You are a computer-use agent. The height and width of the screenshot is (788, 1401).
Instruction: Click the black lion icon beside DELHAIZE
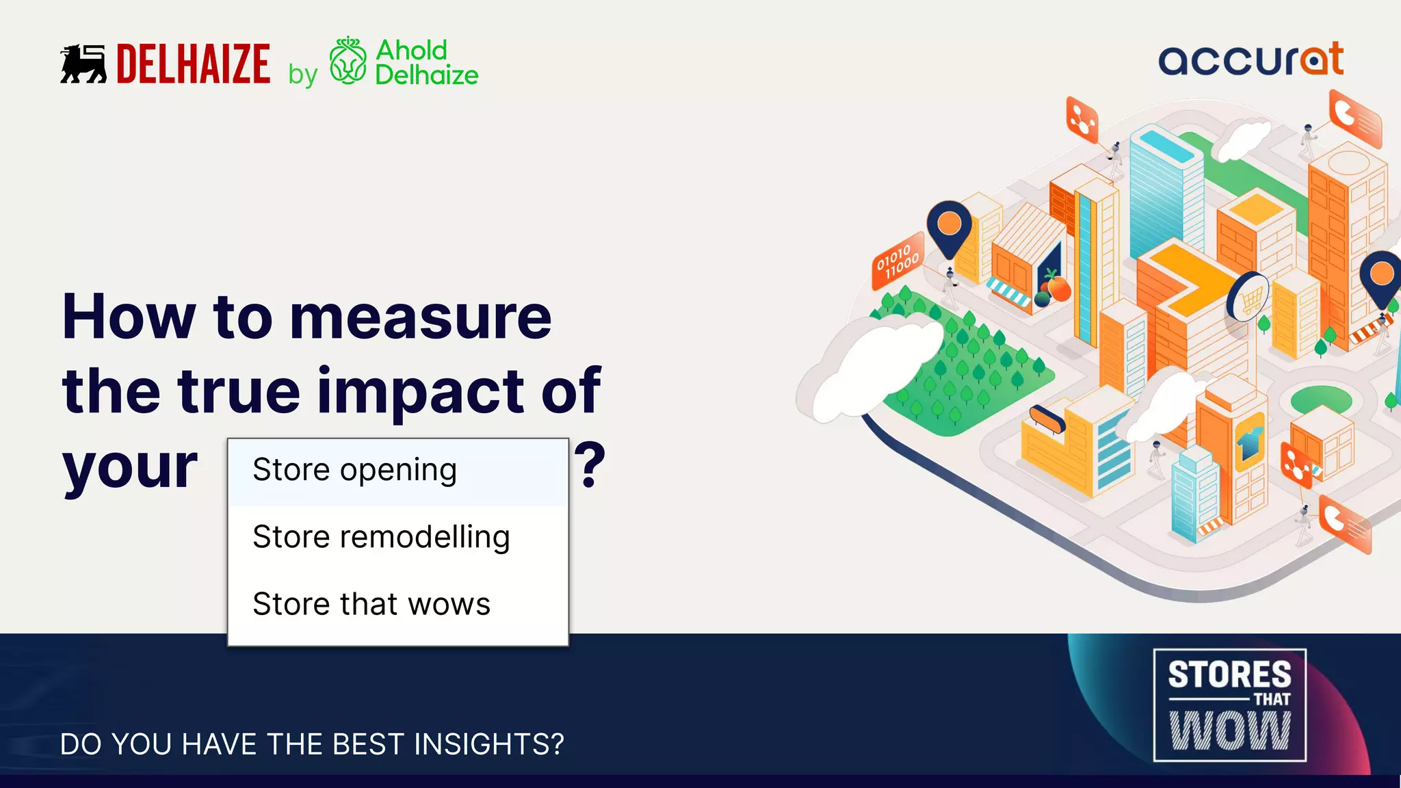pyautogui.click(x=83, y=64)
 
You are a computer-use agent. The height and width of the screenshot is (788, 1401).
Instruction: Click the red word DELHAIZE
pyautogui.click(x=193, y=64)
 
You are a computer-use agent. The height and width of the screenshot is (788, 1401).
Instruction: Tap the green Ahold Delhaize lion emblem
pyautogui.click(x=348, y=62)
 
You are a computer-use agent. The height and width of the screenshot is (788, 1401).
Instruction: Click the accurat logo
pyautogui.click(x=1251, y=60)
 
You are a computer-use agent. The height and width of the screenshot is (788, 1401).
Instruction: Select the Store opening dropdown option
pyautogui.click(x=354, y=471)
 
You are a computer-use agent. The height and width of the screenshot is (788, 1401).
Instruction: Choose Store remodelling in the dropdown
pyautogui.click(x=381, y=538)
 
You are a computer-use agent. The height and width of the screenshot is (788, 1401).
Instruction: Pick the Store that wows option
pyautogui.click(x=371, y=605)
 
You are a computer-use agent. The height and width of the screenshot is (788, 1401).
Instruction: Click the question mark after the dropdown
pyautogui.click(x=590, y=465)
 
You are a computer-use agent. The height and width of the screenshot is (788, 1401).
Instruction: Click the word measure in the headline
pyautogui.click(x=420, y=317)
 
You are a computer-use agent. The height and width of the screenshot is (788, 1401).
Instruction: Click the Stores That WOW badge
pyautogui.click(x=1229, y=705)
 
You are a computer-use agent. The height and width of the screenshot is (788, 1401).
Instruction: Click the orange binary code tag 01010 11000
pyautogui.click(x=898, y=261)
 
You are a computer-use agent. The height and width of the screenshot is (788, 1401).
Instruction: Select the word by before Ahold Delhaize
pyautogui.click(x=302, y=75)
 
